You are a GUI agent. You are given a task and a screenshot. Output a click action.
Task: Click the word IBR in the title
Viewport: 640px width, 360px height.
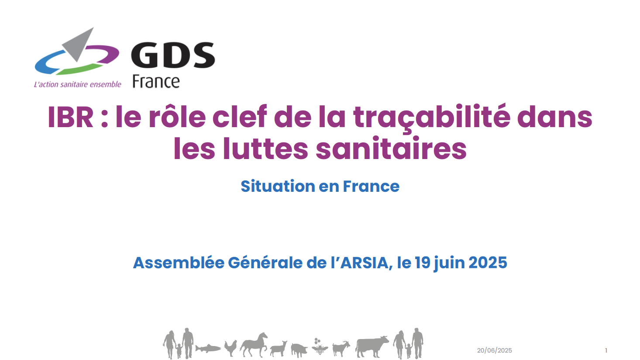tap(70, 117)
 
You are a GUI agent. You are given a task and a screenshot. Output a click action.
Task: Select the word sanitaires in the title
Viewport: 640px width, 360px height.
tap(391, 149)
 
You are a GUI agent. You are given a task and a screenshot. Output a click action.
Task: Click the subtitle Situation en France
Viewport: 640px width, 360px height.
tap(320, 186)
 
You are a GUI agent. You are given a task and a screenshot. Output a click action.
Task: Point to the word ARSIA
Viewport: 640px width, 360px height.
tap(365, 263)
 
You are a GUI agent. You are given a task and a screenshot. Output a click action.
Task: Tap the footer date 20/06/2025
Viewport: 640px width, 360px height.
tap(494, 350)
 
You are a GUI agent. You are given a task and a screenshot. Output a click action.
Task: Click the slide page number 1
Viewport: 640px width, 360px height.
tap(606, 350)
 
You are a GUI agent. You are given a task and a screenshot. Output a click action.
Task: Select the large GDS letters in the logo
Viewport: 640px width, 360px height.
tap(173, 55)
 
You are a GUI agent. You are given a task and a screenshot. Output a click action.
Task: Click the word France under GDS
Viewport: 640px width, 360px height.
tap(156, 82)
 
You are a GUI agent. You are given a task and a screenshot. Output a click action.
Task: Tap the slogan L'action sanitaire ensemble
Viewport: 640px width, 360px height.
tap(77, 84)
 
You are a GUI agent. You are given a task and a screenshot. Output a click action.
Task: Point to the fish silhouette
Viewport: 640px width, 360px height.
tap(208, 348)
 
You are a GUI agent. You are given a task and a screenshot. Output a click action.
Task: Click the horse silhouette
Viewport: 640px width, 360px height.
tap(254, 345)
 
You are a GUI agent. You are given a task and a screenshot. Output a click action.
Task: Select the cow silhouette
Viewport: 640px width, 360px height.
tap(372, 346)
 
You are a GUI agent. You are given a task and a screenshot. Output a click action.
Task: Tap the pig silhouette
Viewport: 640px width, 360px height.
tap(299, 350)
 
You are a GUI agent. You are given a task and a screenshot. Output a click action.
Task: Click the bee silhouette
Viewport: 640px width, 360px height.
tap(320, 346)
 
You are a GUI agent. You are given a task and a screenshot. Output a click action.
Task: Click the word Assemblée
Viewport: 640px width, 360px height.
tap(179, 263)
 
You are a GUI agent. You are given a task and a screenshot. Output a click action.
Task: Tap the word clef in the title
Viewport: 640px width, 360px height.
tap(240, 117)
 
